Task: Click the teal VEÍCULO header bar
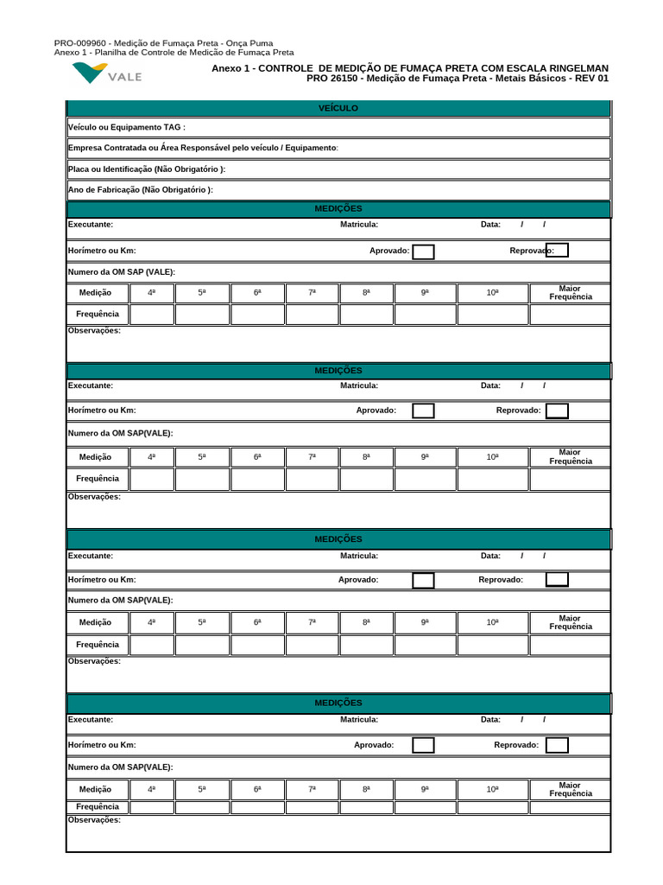338,108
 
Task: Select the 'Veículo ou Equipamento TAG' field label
126,127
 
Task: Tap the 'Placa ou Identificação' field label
146,169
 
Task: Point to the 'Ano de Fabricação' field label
140,190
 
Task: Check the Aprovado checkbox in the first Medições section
423,251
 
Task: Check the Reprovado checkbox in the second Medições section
557,411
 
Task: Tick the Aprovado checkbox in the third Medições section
423,580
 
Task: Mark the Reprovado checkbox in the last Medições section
557,745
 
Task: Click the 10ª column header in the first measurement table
492,293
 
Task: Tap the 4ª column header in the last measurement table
152,789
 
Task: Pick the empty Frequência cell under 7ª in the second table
312,479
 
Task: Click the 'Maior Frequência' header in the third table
570,622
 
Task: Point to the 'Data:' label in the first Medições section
490,225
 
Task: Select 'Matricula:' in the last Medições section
359,719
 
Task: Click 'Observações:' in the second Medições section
94,496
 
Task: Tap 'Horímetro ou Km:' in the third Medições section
102,580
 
